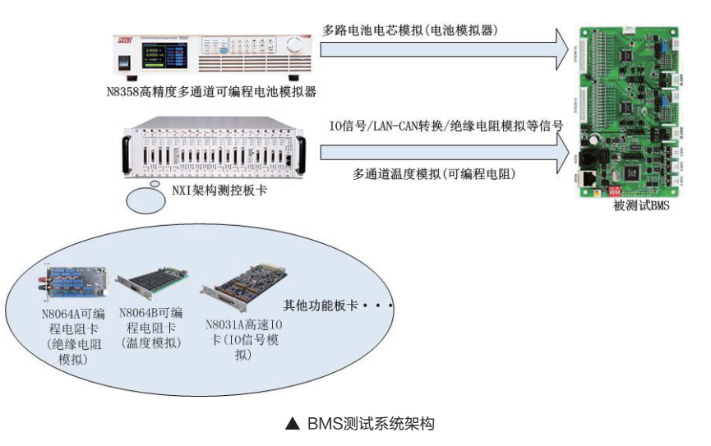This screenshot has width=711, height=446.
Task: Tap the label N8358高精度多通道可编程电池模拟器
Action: click(211, 91)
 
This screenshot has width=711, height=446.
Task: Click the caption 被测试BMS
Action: click(642, 205)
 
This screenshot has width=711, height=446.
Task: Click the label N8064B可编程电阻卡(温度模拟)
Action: click(152, 328)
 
